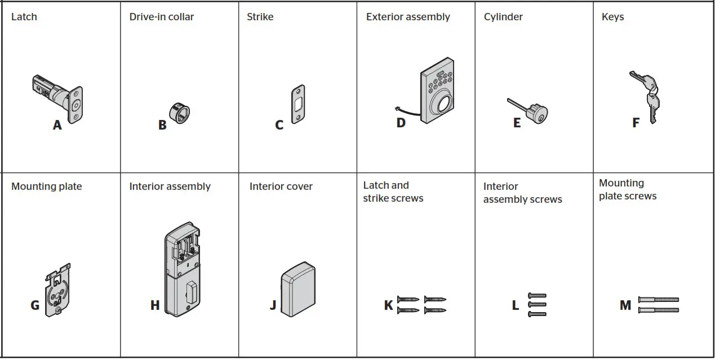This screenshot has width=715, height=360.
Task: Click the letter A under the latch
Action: tap(57, 125)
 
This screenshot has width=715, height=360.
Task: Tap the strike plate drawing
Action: tap(298, 104)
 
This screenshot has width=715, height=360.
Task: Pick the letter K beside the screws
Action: tap(388, 305)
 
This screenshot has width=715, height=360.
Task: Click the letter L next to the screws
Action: tap(515, 305)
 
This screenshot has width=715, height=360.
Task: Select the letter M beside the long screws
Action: tap(625, 305)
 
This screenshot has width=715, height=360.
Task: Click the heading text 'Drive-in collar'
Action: tap(161, 17)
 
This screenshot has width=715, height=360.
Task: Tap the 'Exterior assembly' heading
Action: tap(408, 17)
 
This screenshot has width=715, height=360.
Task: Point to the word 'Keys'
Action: tap(612, 17)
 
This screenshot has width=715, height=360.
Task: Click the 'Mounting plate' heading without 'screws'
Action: tap(46, 186)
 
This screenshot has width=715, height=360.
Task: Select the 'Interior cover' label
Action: tap(281, 186)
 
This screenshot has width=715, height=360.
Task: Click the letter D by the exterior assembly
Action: tap(401, 122)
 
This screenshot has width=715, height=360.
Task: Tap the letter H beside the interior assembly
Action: tap(155, 305)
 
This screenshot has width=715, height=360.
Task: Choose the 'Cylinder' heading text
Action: tap(503, 17)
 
